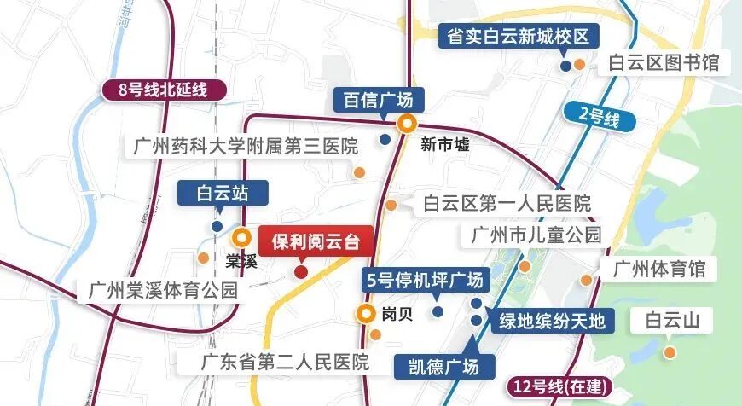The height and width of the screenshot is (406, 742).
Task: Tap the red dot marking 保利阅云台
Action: (300, 272)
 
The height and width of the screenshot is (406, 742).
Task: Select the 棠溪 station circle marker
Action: (243, 238)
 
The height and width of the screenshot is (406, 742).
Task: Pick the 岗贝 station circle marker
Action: (366, 313)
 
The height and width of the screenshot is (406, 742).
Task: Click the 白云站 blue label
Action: (220, 193)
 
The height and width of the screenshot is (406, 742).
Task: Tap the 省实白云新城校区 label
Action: (519, 38)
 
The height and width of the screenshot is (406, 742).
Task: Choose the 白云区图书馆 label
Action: (664, 63)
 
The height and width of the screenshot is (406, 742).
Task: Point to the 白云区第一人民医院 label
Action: (507, 204)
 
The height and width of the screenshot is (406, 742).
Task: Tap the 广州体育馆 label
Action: (659, 270)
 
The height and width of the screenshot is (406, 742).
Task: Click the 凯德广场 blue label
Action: (444, 367)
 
